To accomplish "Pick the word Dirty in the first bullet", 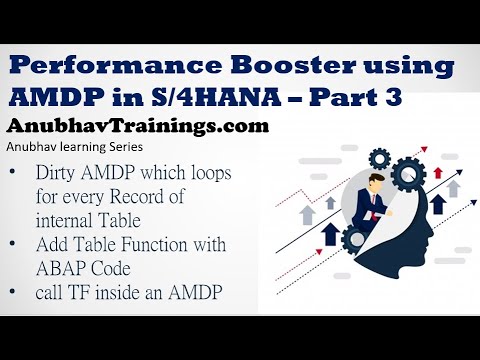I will [x=59, y=172].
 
